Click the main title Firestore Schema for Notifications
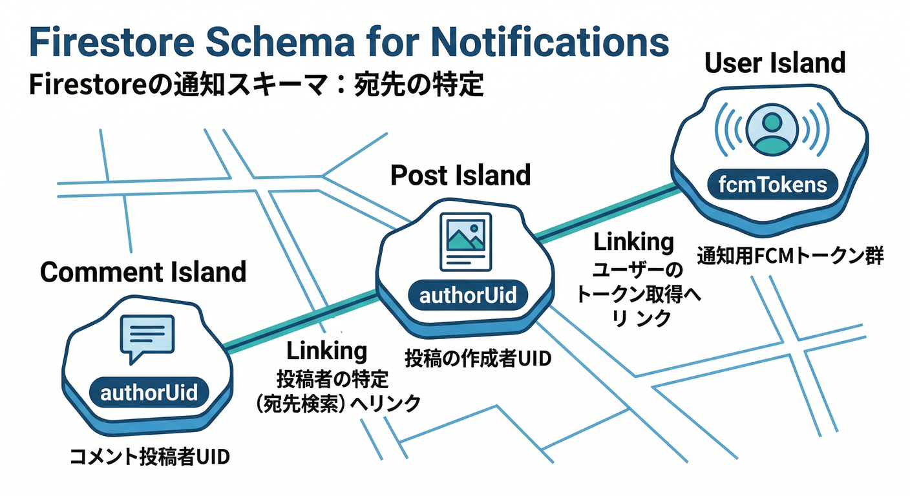pos(349,43)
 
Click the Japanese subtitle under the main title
pos(256,85)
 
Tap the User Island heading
pos(775,63)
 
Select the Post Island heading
pos(460,175)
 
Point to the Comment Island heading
pos(143,272)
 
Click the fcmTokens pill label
pos(773,185)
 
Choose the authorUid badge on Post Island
pos(468,296)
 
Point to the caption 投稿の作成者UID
pos(478,359)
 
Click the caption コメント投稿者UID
pos(149,457)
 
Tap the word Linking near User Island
pos(633,242)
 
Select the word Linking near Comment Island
pos(326,351)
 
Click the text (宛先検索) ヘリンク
pos(338,403)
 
